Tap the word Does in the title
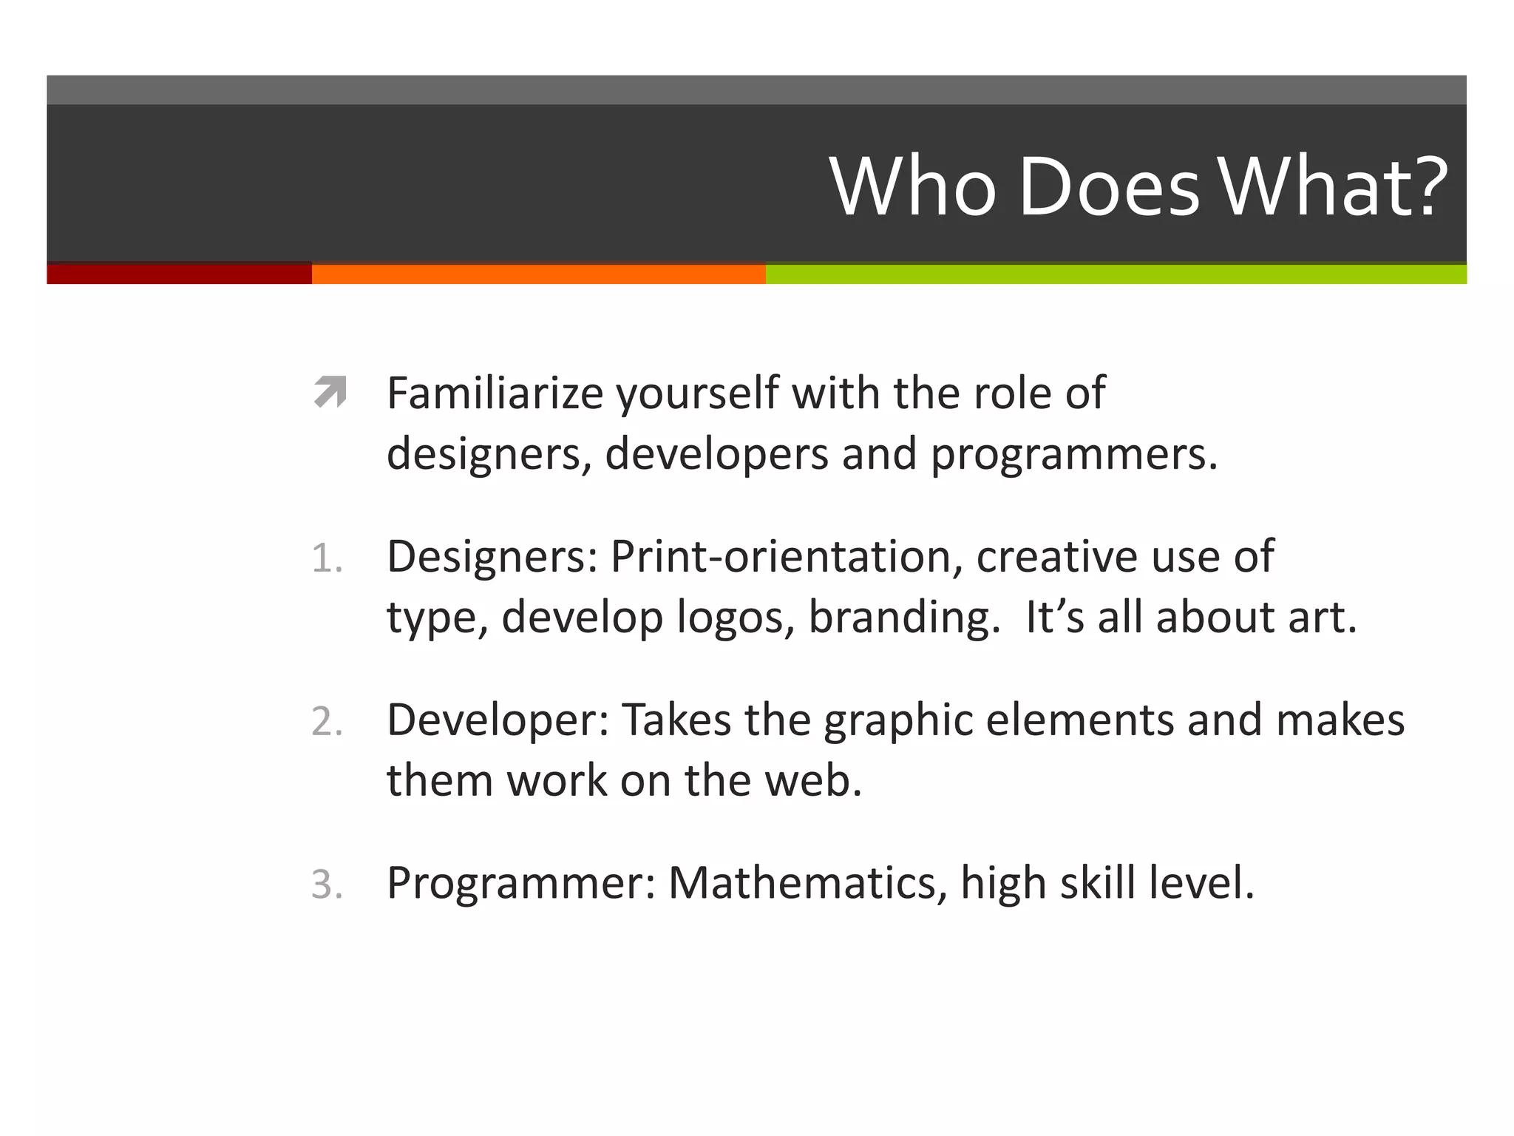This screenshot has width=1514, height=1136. click(x=1108, y=187)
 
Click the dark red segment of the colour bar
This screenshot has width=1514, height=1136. click(x=179, y=274)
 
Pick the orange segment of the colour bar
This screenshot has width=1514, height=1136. click(x=538, y=274)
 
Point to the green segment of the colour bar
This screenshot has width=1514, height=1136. click(x=1116, y=274)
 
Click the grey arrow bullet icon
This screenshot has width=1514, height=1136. click(x=330, y=392)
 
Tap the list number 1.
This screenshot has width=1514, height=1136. click(x=327, y=558)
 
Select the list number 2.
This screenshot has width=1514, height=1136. click(x=327, y=722)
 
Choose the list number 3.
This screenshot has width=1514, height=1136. click(x=327, y=885)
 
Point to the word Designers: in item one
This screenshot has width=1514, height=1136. click(x=492, y=557)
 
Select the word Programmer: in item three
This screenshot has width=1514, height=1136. click(x=522, y=883)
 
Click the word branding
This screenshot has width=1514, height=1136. click(x=904, y=618)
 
